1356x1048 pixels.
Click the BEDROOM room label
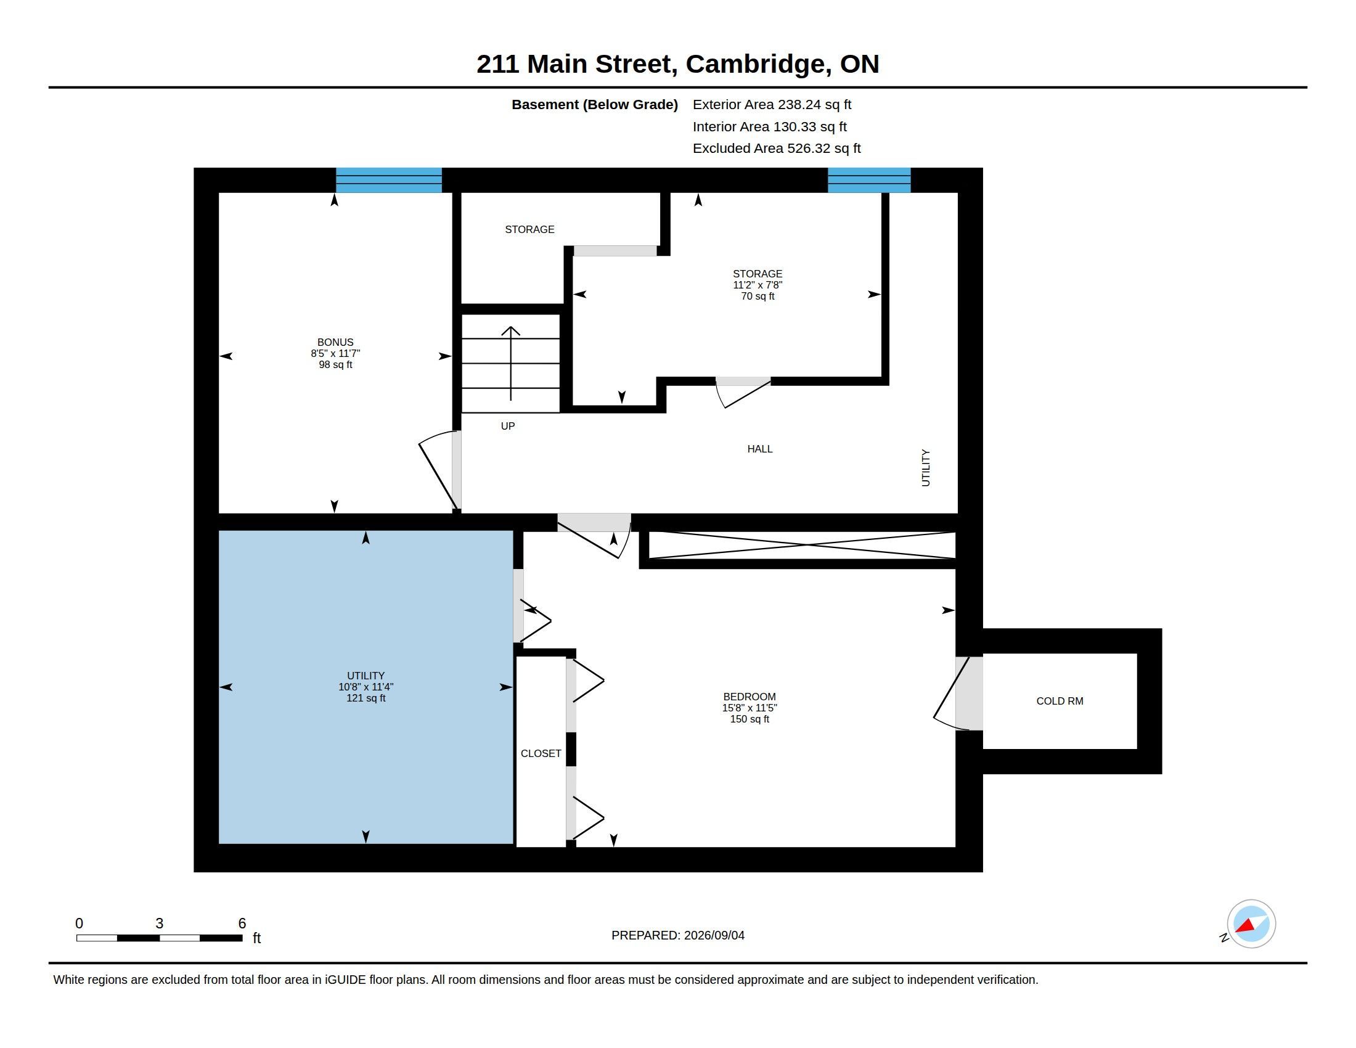pos(749,697)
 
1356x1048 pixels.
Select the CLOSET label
pos(541,753)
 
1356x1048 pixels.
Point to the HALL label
pos(760,449)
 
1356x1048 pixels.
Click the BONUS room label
pos(335,342)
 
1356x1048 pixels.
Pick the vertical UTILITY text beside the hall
pos(926,468)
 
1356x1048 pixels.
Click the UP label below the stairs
pos(508,426)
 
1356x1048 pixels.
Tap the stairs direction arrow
pos(511,363)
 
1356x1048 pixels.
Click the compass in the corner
pos(1251,924)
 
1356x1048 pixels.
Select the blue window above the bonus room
pos(389,180)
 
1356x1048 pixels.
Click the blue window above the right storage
pos(869,180)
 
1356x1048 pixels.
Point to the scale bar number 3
pos(160,923)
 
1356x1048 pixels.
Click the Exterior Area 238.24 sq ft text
pos(772,105)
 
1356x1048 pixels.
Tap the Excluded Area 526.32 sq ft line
pos(777,149)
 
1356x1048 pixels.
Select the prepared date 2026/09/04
pos(714,935)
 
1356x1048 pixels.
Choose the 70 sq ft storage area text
pos(758,296)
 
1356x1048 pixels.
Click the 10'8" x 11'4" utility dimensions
pos(366,687)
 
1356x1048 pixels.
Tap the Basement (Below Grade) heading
pos(595,105)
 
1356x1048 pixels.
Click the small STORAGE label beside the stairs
pos(529,230)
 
